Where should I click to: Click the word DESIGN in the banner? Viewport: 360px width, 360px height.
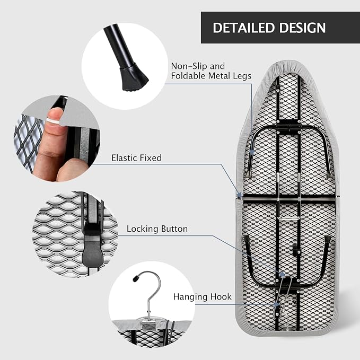[303, 28]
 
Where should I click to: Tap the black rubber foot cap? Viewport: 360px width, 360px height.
[135, 77]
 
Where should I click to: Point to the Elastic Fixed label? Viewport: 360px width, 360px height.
[137, 158]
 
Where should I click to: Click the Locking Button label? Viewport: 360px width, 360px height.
[157, 229]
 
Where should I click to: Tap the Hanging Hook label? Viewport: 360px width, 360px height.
[203, 296]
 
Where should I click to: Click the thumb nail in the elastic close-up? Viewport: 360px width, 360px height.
[55, 113]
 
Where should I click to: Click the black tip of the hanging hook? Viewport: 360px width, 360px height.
[135, 278]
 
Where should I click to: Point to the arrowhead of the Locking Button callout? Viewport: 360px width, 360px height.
[283, 275]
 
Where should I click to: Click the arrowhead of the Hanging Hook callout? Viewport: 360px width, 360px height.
[277, 305]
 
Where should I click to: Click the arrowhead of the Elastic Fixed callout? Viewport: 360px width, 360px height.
[240, 196]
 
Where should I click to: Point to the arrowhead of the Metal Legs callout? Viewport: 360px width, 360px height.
[252, 152]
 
